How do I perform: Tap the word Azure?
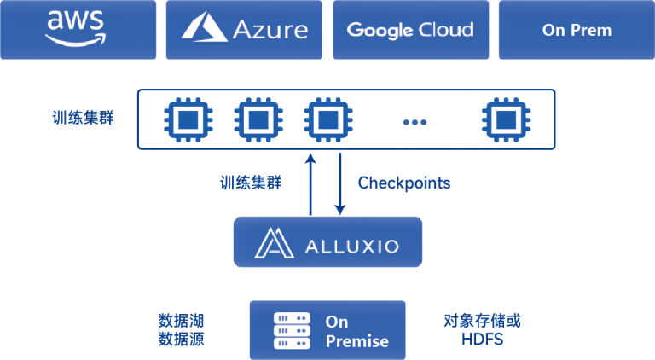click(270, 30)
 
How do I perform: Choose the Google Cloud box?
click(410, 30)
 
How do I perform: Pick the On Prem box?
click(577, 30)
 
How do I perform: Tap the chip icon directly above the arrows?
click(324, 119)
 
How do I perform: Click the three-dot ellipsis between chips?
click(414, 122)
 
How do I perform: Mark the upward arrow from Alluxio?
click(310, 183)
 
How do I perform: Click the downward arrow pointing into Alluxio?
click(339, 184)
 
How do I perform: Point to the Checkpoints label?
click(404, 183)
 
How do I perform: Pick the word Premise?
click(356, 341)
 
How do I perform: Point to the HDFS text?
click(482, 339)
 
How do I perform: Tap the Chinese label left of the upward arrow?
click(251, 182)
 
